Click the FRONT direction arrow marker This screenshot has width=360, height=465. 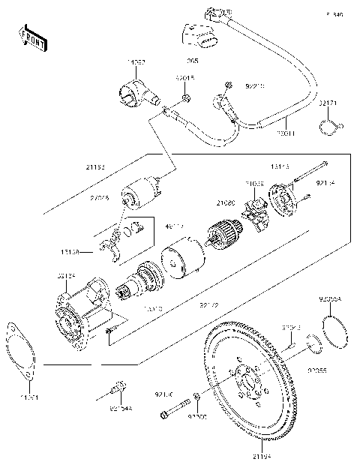pyautogui.click(x=30, y=37)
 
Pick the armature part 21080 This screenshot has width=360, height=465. pyautogui.click(x=222, y=229)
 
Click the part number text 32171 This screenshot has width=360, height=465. pyautogui.click(x=328, y=101)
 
